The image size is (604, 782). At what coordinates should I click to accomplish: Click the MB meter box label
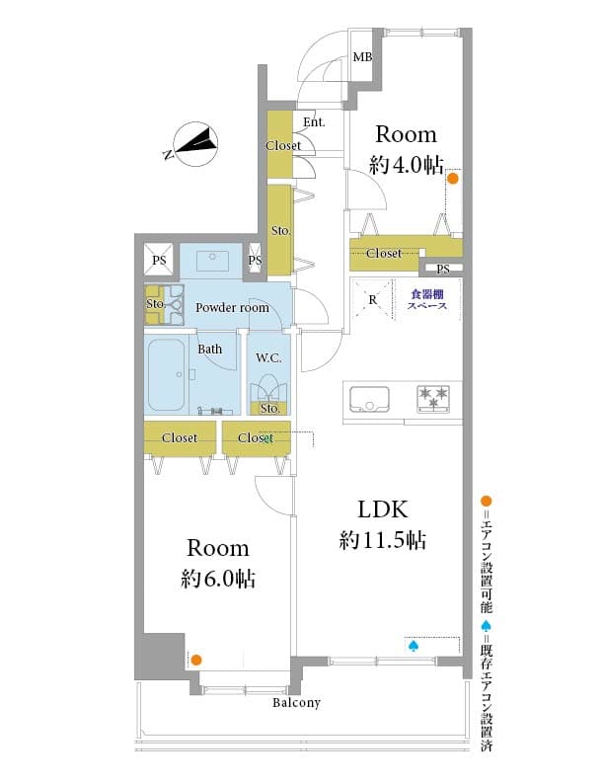(362, 57)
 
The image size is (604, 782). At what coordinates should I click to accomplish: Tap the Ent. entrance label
(314, 121)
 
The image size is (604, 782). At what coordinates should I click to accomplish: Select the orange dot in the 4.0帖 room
(452, 178)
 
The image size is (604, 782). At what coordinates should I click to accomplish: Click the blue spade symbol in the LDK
(414, 647)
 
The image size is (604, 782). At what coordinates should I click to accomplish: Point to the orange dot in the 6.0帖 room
(196, 660)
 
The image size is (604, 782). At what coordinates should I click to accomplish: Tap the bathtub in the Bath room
(167, 374)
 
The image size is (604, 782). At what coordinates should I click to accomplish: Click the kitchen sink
(369, 400)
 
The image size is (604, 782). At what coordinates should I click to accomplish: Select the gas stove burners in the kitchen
(433, 399)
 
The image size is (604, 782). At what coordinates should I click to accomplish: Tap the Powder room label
(232, 308)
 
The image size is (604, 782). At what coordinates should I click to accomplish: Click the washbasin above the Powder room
(212, 260)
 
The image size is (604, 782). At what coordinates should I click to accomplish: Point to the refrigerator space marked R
(373, 300)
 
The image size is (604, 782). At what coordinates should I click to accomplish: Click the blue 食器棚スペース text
(427, 300)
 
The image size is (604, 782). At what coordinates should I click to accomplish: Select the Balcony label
(296, 703)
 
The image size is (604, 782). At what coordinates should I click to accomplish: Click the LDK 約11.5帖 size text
(382, 540)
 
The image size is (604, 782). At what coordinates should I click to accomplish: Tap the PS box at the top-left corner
(159, 260)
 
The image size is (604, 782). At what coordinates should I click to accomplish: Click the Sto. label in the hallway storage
(280, 230)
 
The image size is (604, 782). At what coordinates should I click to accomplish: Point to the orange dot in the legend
(486, 501)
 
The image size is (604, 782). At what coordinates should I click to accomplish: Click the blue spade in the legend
(487, 625)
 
